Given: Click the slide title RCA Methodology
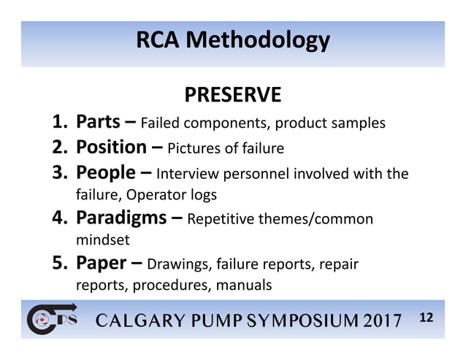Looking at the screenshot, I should pos(232,41).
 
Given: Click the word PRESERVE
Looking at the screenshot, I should pos(232,95).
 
